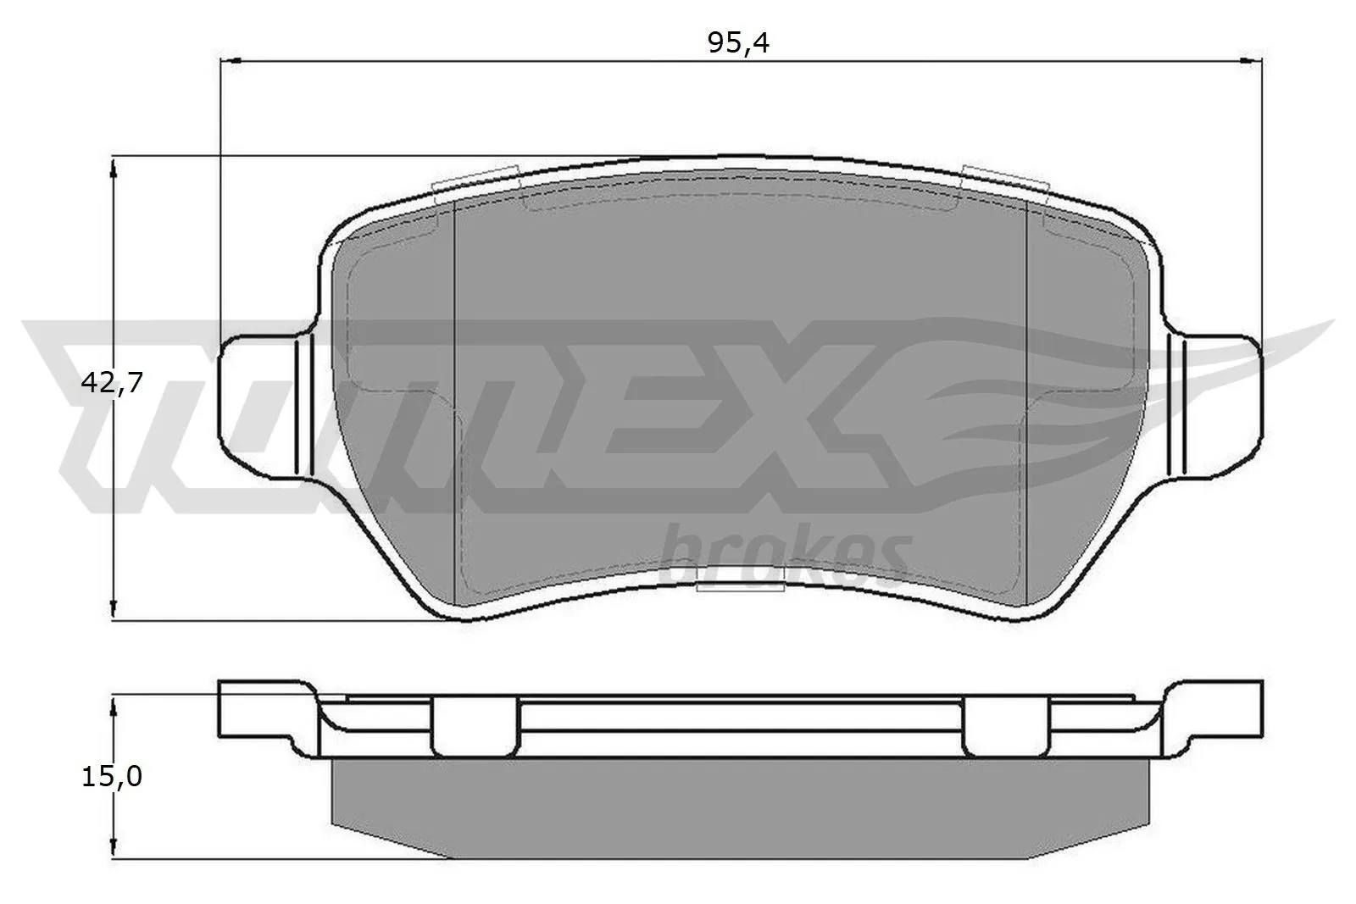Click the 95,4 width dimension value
tap(738, 43)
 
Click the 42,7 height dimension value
tap(111, 383)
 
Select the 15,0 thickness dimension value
tap(111, 776)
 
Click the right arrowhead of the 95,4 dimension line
tap(1251, 60)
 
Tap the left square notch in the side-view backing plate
tap(474, 724)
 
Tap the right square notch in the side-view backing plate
tap(1006, 724)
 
